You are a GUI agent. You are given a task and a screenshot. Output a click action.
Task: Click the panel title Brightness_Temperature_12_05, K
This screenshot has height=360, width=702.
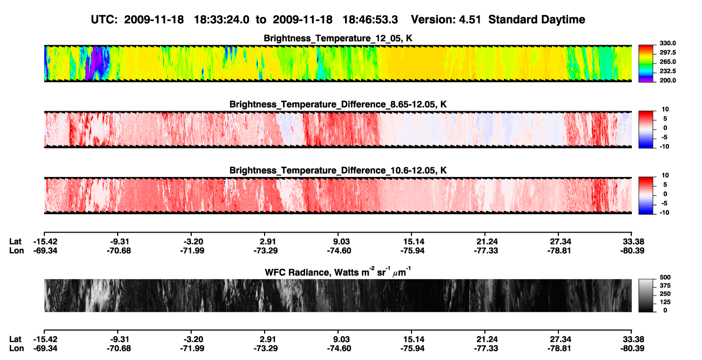[x=338, y=38]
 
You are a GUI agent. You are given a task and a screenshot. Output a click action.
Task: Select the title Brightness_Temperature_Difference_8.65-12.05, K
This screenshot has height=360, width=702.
[x=338, y=104]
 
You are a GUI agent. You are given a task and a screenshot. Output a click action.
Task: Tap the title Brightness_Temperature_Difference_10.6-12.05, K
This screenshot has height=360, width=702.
[x=338, y=171]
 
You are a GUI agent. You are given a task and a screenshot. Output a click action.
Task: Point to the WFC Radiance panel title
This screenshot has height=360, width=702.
[x=338, y=272]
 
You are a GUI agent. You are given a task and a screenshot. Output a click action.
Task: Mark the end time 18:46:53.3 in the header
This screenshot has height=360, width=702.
[x=370, y=19]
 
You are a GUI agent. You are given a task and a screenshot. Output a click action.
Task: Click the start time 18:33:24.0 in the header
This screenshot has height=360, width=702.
[x=221, y=19]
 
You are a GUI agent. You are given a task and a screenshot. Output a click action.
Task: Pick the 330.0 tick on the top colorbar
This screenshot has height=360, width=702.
[x=667, y=43]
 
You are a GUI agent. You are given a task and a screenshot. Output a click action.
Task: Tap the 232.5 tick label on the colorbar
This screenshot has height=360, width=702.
[x=667, y=71]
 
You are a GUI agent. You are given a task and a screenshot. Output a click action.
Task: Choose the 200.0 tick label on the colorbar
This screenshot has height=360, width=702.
[x=667, y=80]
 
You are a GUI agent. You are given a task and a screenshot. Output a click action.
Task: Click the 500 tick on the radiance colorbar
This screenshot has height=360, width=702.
[x=665, y=277]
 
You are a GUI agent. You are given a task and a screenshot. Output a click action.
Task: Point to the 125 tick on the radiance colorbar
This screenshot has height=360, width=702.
[x=665, y=302]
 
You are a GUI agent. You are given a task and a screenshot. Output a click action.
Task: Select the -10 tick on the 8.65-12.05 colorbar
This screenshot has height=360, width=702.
[x=664, y=146]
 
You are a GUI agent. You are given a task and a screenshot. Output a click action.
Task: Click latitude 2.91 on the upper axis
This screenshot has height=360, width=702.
[x=268, y=242]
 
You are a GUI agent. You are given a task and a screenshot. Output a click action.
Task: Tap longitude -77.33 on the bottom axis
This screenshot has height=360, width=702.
[x=486, y=349]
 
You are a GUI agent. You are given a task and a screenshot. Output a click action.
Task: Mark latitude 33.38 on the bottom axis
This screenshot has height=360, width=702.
[x=633, y=339]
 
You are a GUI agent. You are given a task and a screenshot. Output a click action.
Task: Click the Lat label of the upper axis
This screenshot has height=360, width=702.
[x=15, y=242]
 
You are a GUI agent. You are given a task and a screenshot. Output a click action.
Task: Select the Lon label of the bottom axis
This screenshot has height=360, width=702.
[x=16, y=349]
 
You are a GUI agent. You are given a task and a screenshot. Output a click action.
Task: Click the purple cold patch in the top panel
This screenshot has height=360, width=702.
[x=98, y=62]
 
